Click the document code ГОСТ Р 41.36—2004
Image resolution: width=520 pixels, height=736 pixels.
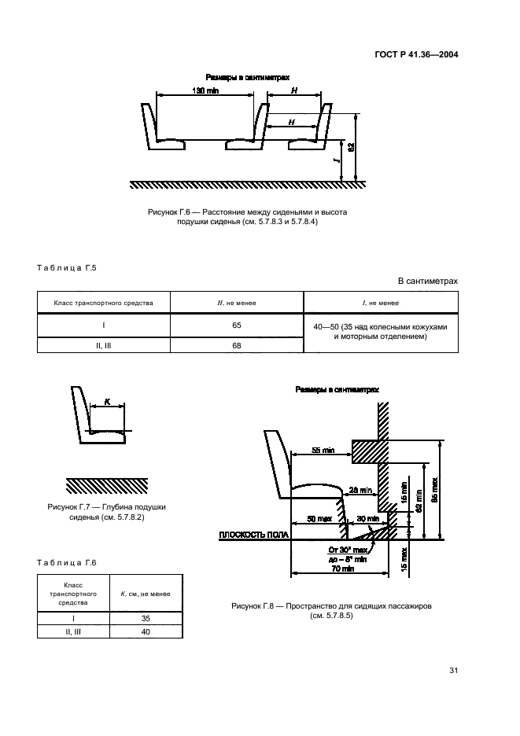pyautogui.click(x=415, y=55)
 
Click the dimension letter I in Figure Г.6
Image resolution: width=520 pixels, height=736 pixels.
pyautogui.click(x=336, y=161)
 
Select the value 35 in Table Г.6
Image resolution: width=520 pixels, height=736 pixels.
pyautogui.click(x=145, y=619)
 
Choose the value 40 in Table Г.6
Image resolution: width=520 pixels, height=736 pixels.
pyautogui.click(x=145, y=632)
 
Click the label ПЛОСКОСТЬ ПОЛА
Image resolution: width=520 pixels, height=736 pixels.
pyautogui.click(x=253, y=535)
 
